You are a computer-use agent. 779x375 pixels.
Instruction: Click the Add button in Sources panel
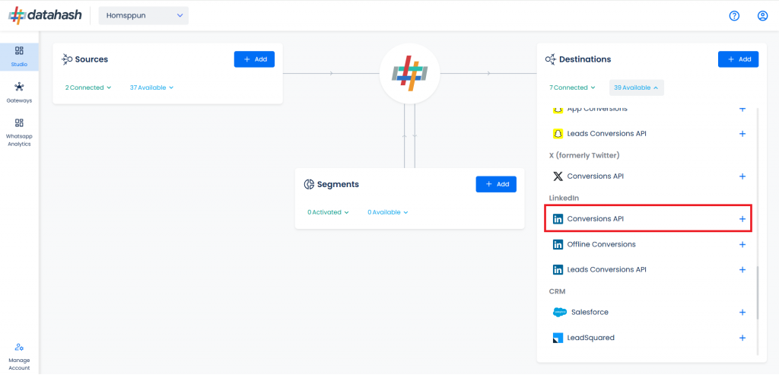254,59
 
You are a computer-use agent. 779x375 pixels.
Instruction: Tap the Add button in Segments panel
496,184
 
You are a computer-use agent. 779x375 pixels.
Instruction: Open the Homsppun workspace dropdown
144,15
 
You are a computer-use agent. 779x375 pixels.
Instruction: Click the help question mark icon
734,16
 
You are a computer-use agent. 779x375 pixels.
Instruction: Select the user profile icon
762,16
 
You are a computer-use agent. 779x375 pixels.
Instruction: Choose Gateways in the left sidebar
19,93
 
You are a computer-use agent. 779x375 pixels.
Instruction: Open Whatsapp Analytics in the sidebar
19,132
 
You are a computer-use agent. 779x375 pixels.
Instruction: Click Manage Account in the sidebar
19,357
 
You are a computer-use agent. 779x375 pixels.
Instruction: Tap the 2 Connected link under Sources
88,87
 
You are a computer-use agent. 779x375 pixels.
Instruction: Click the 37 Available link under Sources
151,87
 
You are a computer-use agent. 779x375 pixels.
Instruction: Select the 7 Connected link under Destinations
572,87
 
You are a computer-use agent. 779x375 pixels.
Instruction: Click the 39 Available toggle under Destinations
637,87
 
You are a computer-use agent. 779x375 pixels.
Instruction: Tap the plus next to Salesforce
742,313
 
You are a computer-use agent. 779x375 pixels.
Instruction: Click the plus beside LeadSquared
742,338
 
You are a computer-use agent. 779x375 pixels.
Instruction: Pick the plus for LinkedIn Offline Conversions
742,244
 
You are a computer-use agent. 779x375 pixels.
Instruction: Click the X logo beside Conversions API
558,176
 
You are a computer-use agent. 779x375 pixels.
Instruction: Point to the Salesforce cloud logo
559,313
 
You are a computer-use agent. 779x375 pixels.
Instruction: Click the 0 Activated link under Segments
328,212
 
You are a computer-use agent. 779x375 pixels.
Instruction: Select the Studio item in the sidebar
19,56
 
